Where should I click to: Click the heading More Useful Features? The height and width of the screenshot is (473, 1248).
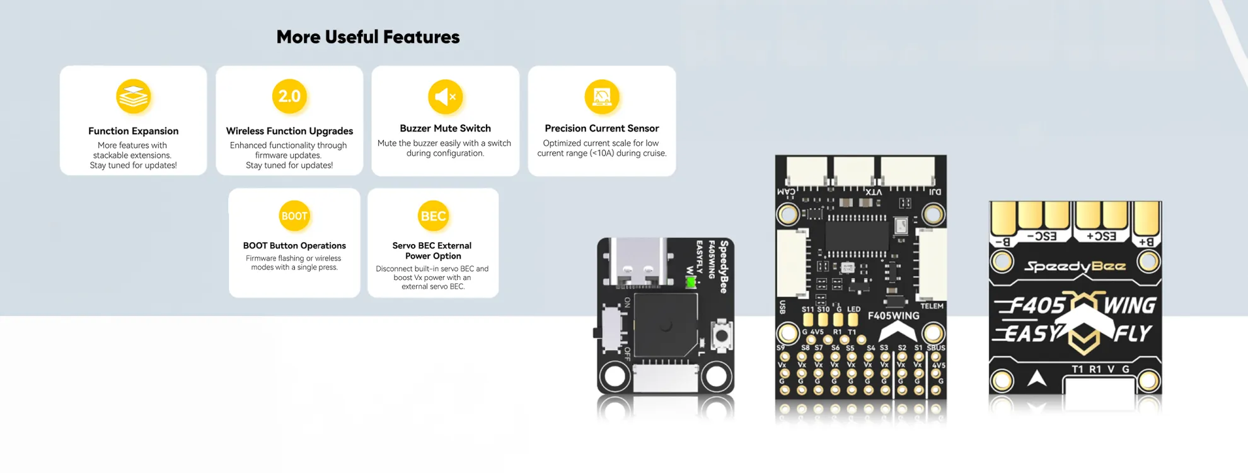[x=368, y=37]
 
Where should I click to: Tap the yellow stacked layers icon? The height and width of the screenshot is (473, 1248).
[x=133, y=96]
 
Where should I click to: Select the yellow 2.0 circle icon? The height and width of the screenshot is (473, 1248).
[x=289, y=96]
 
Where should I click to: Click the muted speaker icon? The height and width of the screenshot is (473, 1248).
[x=445, y=96]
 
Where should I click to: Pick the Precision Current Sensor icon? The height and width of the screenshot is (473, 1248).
[x=601, y=96]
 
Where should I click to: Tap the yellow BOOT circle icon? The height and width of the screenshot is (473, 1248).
[x=294, y=216]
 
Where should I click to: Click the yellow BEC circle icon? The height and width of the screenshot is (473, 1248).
[x=433, y=216]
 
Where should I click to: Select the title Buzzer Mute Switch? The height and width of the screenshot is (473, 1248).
[x=445, y=129]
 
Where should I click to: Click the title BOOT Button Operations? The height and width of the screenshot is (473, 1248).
[x=294, y=246]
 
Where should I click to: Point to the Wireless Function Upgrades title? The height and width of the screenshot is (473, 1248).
[x=289, y=131]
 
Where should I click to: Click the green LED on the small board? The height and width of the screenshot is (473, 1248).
[x=691, y=282]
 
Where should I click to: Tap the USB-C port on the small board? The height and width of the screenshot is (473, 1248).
[x=637, y=262]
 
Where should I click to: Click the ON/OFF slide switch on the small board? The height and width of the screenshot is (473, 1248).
[x=611, y=329]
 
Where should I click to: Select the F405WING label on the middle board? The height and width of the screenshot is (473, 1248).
[x=893, y=316]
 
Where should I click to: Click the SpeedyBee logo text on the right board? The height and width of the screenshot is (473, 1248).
[x=1075, y=266]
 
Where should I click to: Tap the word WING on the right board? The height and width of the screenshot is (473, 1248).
[x=1130, y=306]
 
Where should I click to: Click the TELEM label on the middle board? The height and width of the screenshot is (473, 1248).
[x=932, y=307]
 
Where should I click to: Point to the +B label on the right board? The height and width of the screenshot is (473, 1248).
[x=1145, y=242]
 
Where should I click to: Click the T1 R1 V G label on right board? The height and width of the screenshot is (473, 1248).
[x=1101, y=370]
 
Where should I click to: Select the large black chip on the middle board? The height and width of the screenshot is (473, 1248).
[x=857, y=236]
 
